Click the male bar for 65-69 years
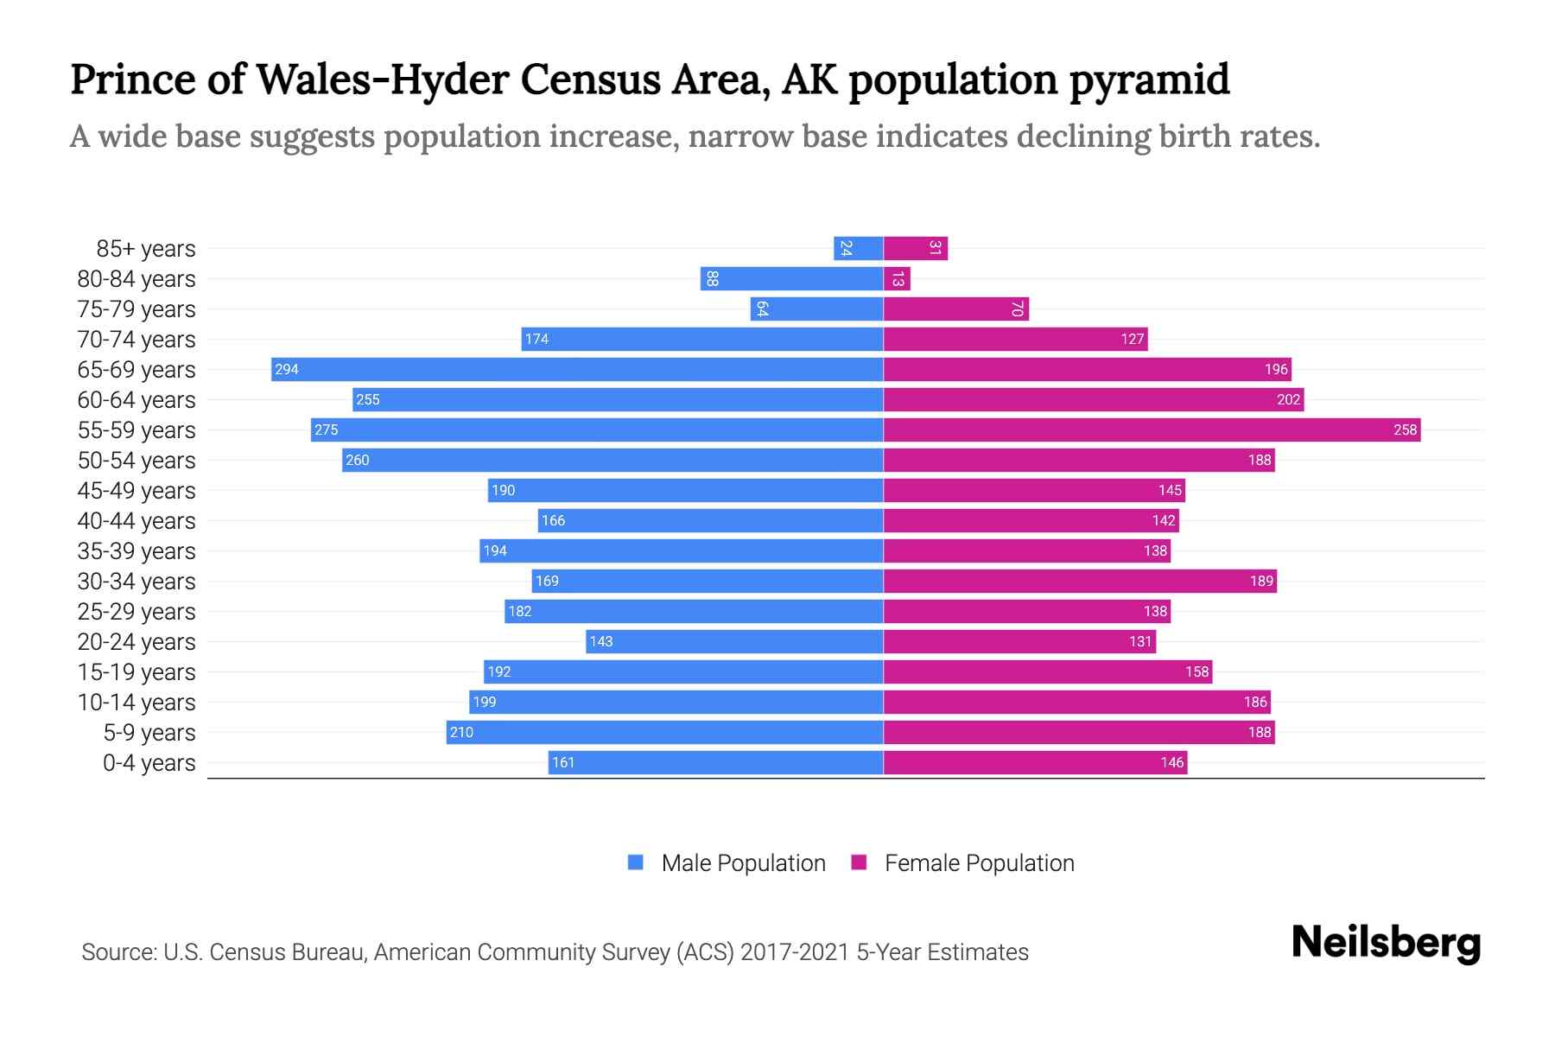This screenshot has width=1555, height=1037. click(x=577, y=370)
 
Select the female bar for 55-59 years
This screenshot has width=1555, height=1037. click(x=1152, y=430)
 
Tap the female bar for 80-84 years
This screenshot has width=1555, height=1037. click(x=897, y=279)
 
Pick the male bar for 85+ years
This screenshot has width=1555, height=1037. click(x=858, y=249)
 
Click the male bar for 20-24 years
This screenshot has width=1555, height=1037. click(x=734, y=642)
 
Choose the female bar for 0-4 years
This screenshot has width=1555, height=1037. click(x=1035, y=763)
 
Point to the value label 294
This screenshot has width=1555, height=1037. click(x=286, y=370)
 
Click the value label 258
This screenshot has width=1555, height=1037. click(x=1405, y=430)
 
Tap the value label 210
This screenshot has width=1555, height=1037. click(x=461, y=733)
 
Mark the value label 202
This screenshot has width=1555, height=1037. click(x=1288, y=400)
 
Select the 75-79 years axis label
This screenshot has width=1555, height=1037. click(x=136, y=309)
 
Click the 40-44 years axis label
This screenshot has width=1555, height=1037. click(x=136, y=521)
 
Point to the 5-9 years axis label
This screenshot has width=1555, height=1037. click(x=149, y=733)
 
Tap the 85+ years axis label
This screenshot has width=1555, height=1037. click(x=146, y=249)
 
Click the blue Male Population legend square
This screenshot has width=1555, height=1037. click(x=636, y=862)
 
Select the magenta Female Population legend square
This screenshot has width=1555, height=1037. click(x=859, y=862)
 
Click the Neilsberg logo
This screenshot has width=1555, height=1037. click(x=1386, y=943)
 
